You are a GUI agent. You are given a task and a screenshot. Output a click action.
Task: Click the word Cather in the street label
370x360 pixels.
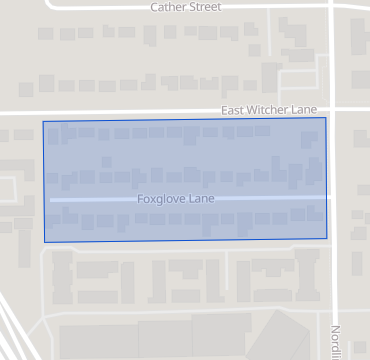[168, 6]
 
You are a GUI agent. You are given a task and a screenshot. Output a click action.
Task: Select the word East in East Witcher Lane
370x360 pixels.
[233, 109]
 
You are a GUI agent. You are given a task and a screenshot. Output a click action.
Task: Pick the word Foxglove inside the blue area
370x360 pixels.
[161, 199]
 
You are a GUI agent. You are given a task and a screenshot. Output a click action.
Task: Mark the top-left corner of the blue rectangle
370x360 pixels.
[43, 122]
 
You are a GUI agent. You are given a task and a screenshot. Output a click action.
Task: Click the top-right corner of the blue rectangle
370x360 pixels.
[326, 118]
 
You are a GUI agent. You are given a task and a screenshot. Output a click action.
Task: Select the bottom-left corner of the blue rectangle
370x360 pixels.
[44, 242]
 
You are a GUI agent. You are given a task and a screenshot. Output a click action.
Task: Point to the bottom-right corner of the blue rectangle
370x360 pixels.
[327, 238]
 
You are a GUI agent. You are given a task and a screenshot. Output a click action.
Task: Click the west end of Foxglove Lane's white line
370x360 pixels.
[51, 201]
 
